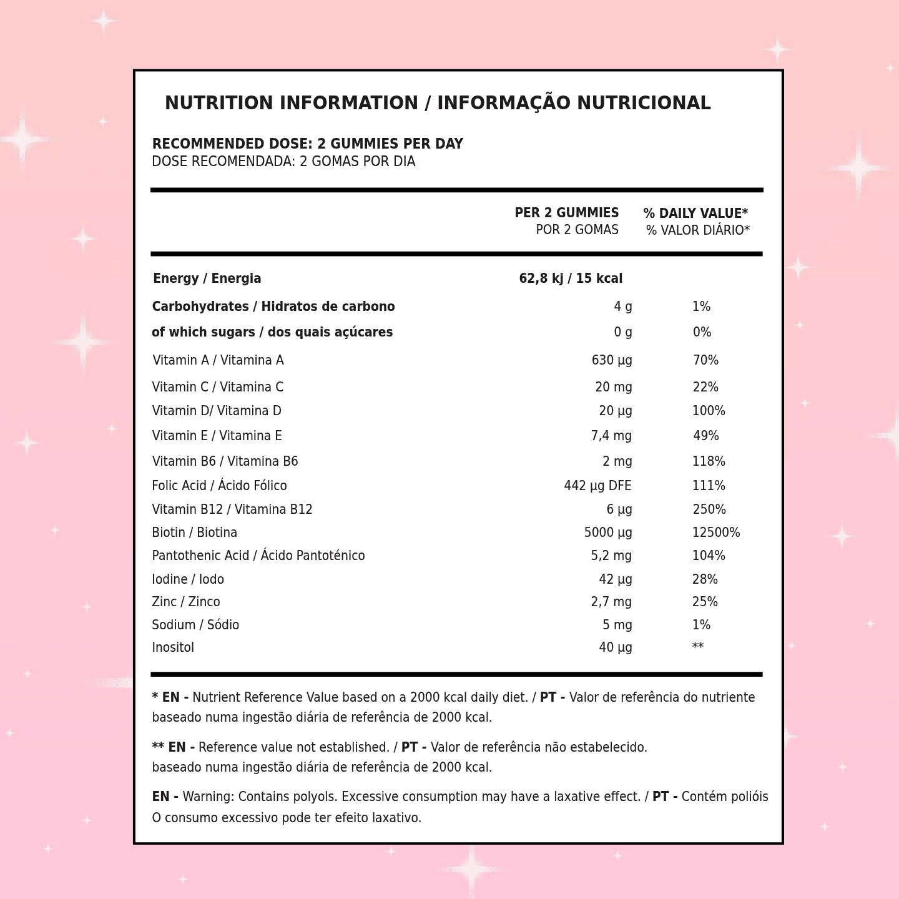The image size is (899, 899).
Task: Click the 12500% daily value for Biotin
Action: [x=715, y=533]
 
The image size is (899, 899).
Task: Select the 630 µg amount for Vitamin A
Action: [x=611, y=360]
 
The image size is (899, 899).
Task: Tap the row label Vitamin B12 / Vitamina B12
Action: [x=232, y=509]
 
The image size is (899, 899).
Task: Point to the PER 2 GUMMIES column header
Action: [x=566, y=213]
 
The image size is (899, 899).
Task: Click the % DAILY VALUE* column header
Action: [x=695, y=214]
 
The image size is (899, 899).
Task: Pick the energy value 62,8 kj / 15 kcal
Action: [x=571, y=278]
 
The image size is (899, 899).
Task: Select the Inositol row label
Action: [x=173, y=647]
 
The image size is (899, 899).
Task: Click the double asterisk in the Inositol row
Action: [x=697, y=647]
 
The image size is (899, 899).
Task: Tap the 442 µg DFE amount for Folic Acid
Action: [x=597, y=486]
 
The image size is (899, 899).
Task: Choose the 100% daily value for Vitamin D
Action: [x=709, y=411]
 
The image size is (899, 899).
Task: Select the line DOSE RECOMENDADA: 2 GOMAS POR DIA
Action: [x=283, y=162]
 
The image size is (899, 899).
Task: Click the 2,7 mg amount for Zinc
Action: [x=611, y=602]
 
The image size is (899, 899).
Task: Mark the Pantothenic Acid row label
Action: [x=258, y=556]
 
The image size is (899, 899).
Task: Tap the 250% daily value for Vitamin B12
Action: [x=709, y=509]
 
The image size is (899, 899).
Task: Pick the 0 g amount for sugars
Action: [x=622, y=332]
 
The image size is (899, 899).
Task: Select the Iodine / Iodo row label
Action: [x=188, y=579]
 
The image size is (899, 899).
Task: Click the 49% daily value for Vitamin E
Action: [x=705, y=436]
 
